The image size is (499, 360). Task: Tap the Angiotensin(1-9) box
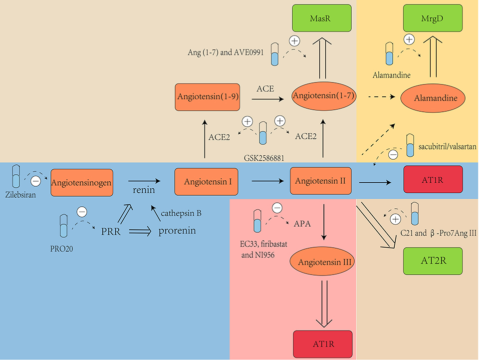(208, 97)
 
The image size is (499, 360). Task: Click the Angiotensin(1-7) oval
(324, 96)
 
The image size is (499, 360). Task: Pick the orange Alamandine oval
(433, 98)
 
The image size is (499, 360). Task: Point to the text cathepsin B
(181, 214)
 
